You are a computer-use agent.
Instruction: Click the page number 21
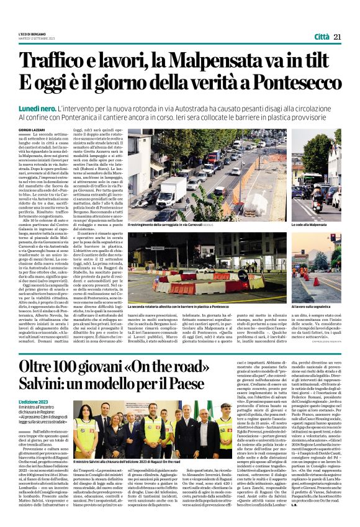coord(338,37)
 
